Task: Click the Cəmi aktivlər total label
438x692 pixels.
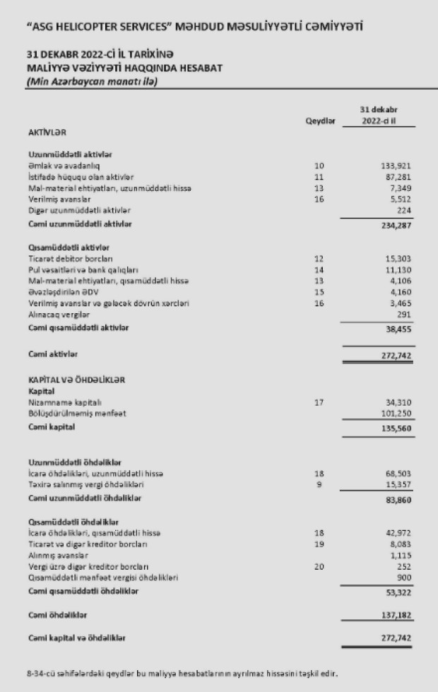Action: click(53, 353)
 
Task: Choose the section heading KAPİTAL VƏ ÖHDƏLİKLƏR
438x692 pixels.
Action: click(76, 380)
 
